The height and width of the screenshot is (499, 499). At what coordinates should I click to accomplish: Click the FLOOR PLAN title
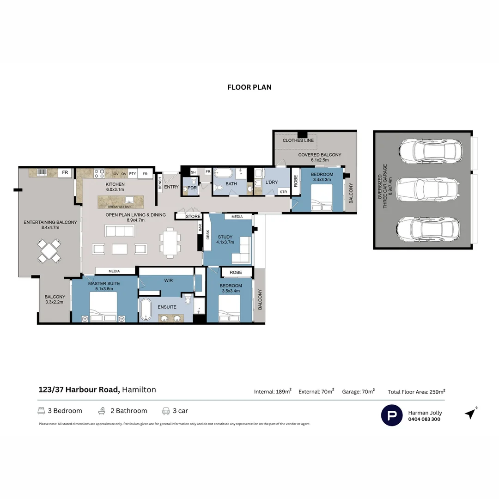coord(249,87)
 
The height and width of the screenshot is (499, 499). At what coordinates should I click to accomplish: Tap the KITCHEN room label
coord(115,184)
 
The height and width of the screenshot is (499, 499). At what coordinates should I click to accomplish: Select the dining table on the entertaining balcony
coord(49,251)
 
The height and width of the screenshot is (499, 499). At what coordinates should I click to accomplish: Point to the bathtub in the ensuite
coord(146,309)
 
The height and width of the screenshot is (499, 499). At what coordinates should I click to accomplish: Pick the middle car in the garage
coord(427,189)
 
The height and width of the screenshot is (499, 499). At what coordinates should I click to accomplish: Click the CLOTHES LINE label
coord(298,140)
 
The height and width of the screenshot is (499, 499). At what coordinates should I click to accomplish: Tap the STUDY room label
coord(225,237)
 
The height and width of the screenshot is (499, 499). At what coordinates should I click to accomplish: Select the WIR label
coord(168,280)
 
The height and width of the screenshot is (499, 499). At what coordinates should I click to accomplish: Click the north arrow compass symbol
coord(471,413)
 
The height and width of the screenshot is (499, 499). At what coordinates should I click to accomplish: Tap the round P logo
coord(391,415)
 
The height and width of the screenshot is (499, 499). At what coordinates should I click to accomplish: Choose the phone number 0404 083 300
coord(424,420)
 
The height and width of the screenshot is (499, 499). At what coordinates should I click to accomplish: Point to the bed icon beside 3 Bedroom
coord(41,411)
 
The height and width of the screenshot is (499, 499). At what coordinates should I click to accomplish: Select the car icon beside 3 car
coord(166,411)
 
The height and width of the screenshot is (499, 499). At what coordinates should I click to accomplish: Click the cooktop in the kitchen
coord(99,173)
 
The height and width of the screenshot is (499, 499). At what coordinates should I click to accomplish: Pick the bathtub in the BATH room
coord(225,174)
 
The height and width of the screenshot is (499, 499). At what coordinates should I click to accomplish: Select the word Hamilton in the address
coord(139,389)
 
